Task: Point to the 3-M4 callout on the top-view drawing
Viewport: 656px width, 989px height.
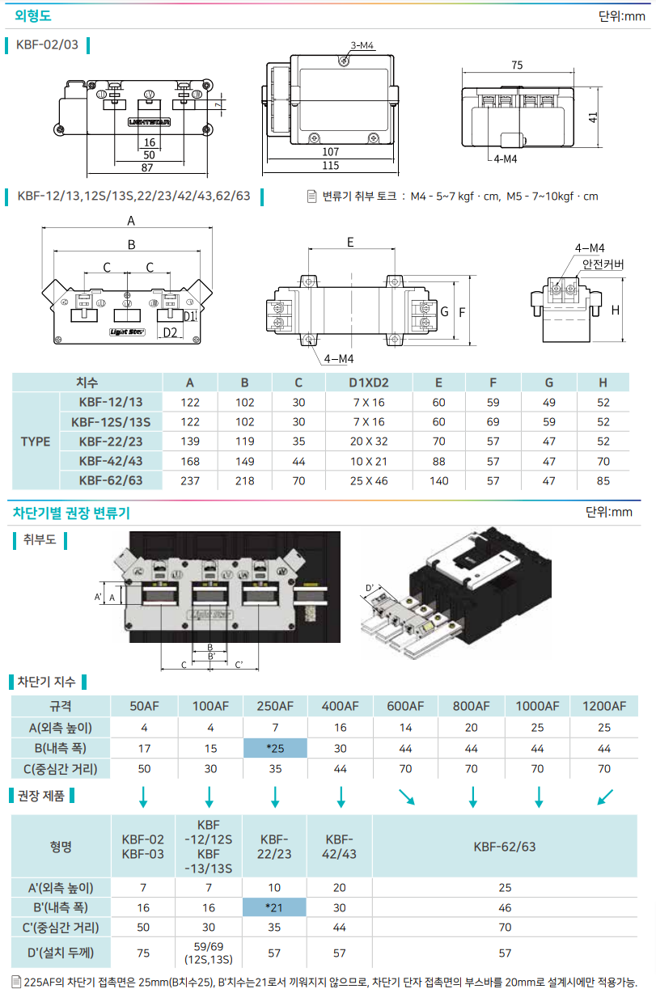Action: [x=362, y=46]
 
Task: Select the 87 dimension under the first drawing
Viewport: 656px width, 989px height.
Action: [x=149, y=167]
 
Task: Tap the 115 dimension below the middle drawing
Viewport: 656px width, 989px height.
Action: [x=330, y=166]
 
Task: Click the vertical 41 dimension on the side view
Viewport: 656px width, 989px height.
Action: [x=593, y=116]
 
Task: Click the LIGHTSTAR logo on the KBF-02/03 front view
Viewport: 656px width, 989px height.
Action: [x=149, y=123]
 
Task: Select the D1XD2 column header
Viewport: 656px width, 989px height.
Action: [x=368, y=382]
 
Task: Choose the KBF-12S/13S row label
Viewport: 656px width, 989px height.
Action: [x=111, y=421]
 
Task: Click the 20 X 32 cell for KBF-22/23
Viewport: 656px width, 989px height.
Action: [x=368, y=442]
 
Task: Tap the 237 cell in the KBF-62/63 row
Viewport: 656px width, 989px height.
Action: [x=189, y=480]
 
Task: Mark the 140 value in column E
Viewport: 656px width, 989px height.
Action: [x=438, y=480]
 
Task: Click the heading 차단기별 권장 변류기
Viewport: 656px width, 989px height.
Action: [x=71, y=513]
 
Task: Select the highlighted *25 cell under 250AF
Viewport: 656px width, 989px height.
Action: [x=275, y=748]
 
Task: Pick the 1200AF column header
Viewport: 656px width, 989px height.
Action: [x=603, y=705]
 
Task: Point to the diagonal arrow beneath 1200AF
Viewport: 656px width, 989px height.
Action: [x=603, y=797]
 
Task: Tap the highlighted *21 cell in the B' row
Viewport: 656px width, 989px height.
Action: [x=275, y=907]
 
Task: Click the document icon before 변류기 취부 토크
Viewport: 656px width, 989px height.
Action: [x=312, y=197]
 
